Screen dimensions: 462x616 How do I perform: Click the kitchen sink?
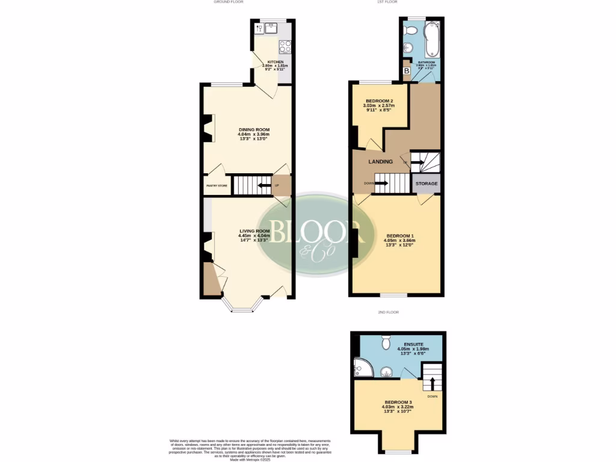coord(260,28)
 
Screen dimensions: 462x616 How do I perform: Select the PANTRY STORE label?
coord(217,186)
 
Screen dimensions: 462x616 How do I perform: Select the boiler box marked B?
coord(406,71)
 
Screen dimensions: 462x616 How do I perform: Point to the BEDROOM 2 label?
coord(378,100)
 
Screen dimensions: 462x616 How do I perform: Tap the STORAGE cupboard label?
coord(427,183)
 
